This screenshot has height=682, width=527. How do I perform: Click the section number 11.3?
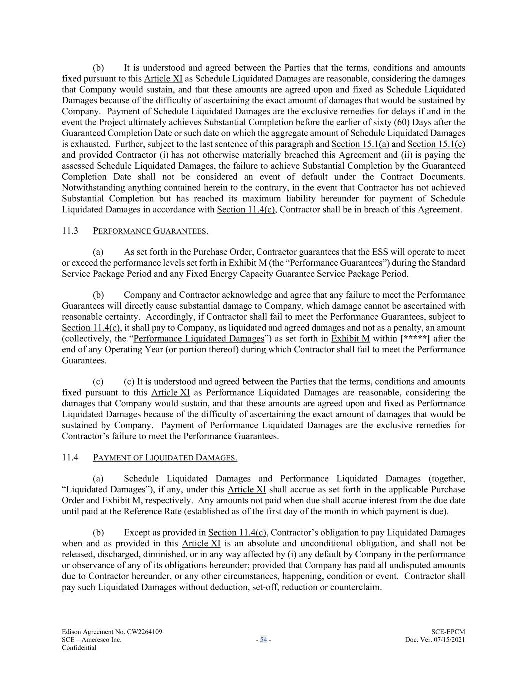point(69,230)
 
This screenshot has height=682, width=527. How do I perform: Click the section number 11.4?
point(69,457)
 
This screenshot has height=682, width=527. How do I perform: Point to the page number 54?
point(263,640)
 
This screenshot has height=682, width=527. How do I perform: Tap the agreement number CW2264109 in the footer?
point(143,632)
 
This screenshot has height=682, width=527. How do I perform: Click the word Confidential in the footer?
point(79,648)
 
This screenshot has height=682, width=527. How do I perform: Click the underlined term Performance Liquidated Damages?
point(199,339)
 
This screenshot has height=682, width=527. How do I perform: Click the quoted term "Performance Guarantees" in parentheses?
point(330,263)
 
